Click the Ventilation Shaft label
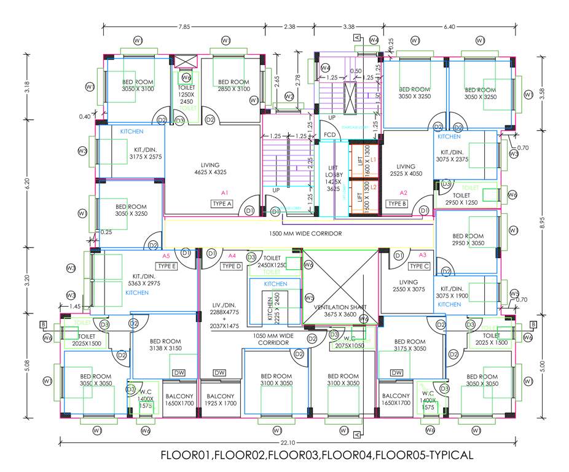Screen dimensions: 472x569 340,310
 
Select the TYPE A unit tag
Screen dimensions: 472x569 221,203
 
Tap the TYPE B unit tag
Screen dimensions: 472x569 397,203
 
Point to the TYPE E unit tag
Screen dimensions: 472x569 167,266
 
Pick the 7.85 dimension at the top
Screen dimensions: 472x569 184,26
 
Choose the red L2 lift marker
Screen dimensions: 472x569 373,187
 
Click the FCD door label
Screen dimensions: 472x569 330,135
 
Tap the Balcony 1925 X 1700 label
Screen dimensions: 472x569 220,399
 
